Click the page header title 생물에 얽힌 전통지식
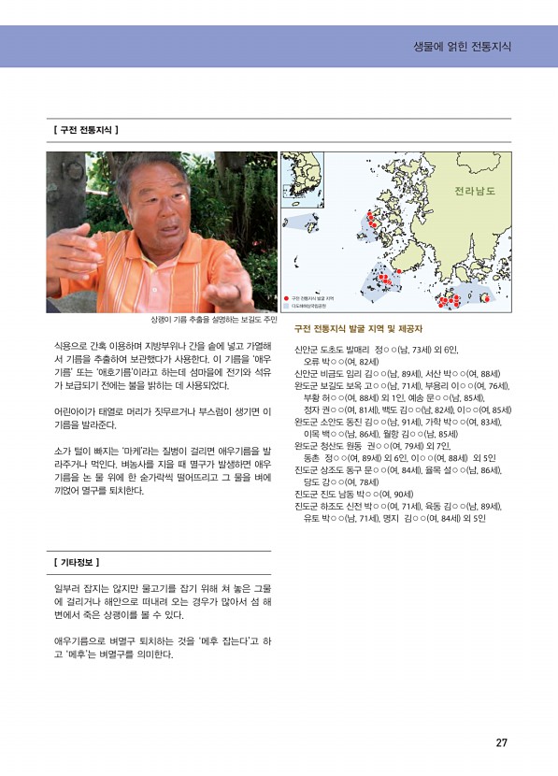point(462,46)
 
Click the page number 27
point(501,743)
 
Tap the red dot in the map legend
point(287,297)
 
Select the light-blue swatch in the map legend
point(287,305)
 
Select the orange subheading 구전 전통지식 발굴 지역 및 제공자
point(358,329)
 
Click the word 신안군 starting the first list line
point(308,349)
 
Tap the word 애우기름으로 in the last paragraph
point(79,640)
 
